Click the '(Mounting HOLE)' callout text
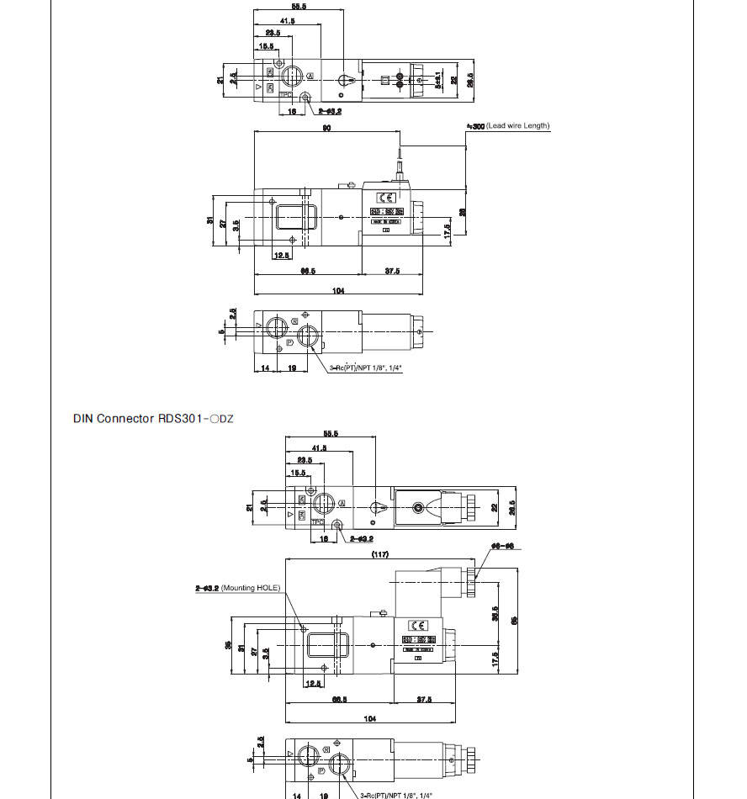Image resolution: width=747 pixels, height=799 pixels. (254, 588)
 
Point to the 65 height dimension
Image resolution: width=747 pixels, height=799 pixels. (515, 621)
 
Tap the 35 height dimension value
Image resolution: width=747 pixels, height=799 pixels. (228, 645)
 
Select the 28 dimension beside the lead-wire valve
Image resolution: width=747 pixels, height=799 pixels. (463, 212)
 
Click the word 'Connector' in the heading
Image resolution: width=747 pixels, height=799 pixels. (125, 418)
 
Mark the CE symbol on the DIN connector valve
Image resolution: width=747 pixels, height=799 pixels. (418, 625)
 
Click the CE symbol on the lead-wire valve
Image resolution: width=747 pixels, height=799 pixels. (384, 198)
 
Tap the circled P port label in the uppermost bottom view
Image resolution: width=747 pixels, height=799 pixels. (289, 343)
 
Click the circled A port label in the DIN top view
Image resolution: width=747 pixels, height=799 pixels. (342, 503)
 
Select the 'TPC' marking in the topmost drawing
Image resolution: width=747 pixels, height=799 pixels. (285, 95)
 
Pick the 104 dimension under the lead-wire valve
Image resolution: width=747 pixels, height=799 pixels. (338, 290)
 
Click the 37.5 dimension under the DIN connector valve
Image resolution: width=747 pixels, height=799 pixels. (424, 699)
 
